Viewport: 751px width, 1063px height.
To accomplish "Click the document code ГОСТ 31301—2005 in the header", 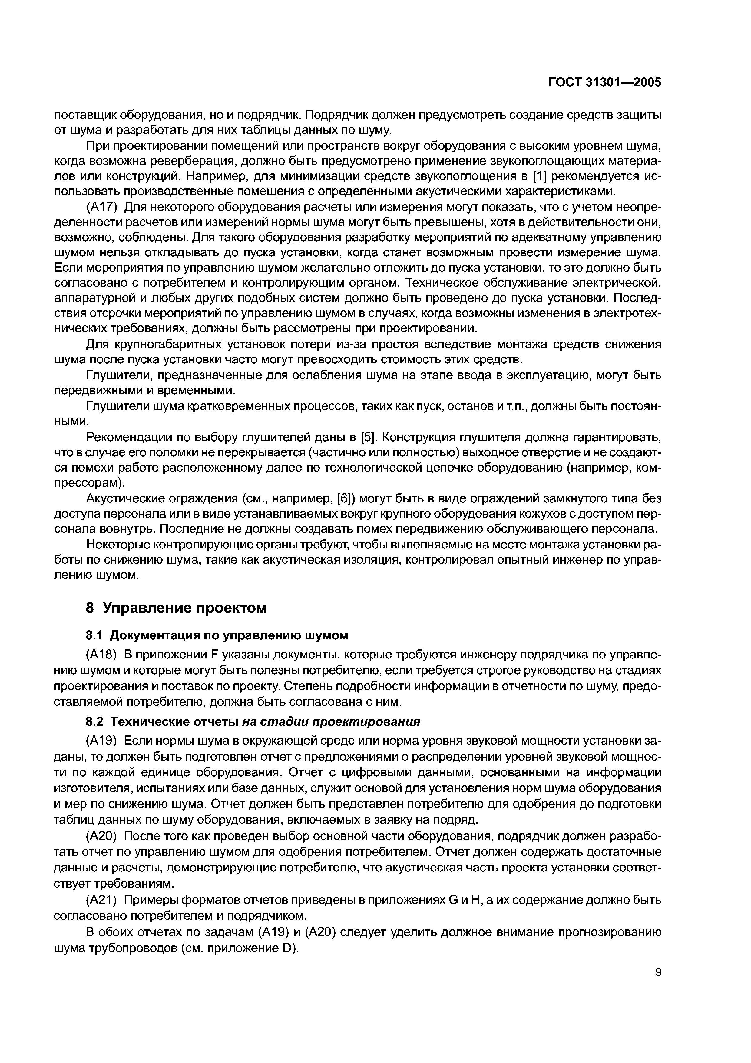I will (x=605, y=82).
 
